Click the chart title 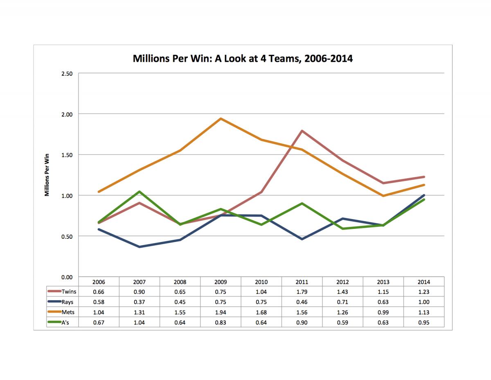pos(243,59)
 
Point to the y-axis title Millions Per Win pos(47,174)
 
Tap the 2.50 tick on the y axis pos(67,74)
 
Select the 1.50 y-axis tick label pos(67,155)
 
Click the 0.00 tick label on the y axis pos(67,277)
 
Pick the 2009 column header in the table pos(221,282)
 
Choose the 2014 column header pos(424,282)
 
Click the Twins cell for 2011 pos(302,292)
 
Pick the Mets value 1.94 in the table pos(221,312)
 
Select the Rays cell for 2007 pos(140,302)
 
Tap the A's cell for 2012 pos(342,323)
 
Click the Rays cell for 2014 pos(424,302)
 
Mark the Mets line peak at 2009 pos(221,119)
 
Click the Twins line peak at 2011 pos(302,131)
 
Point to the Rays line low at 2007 pos(140,247)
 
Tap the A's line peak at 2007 pos(140,192)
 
